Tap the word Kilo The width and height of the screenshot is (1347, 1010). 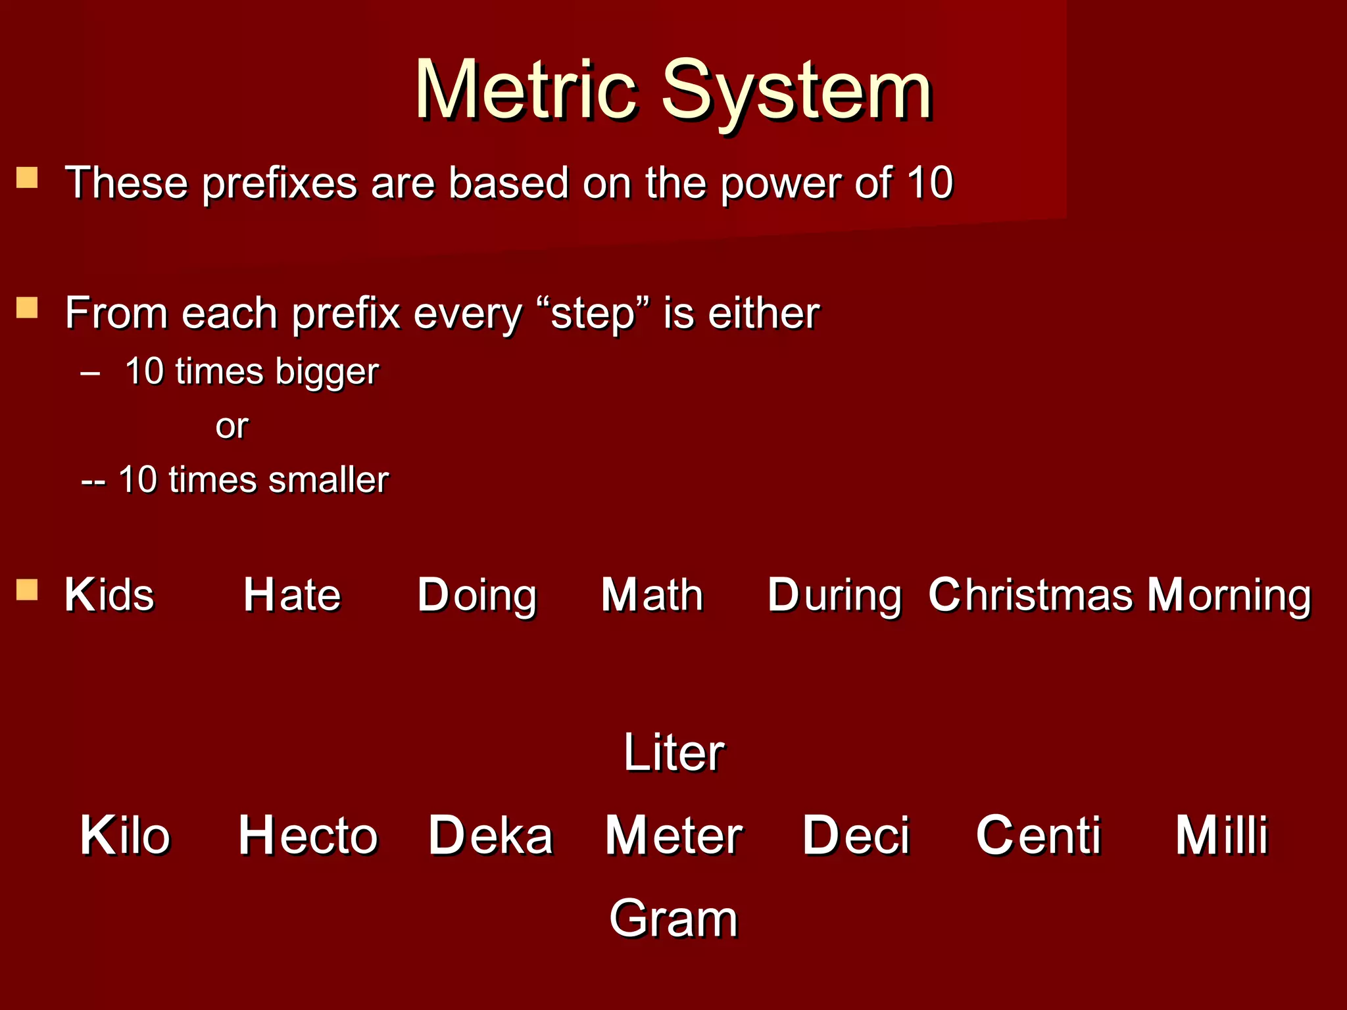(125, 836)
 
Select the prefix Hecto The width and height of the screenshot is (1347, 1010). (308, 836)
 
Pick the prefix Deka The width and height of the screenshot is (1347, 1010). (491, 836)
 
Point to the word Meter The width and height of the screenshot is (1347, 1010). (673, 836)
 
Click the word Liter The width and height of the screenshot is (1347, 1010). (673, 752)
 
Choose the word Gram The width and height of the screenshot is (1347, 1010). (673, 919)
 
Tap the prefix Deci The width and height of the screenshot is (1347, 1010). (856, 836)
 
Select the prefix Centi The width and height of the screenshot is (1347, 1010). (1039, 836)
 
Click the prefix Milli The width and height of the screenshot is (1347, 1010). (1221, 836)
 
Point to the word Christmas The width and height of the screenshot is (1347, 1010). (1031, 595)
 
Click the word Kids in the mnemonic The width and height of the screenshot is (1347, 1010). (109, 595)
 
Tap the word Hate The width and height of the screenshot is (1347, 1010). (292, 595)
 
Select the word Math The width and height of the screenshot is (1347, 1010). (652, 595)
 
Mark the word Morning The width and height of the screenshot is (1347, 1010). (1229, 595)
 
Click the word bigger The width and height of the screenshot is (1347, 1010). (327, 372)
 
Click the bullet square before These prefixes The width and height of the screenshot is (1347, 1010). (27, 178)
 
